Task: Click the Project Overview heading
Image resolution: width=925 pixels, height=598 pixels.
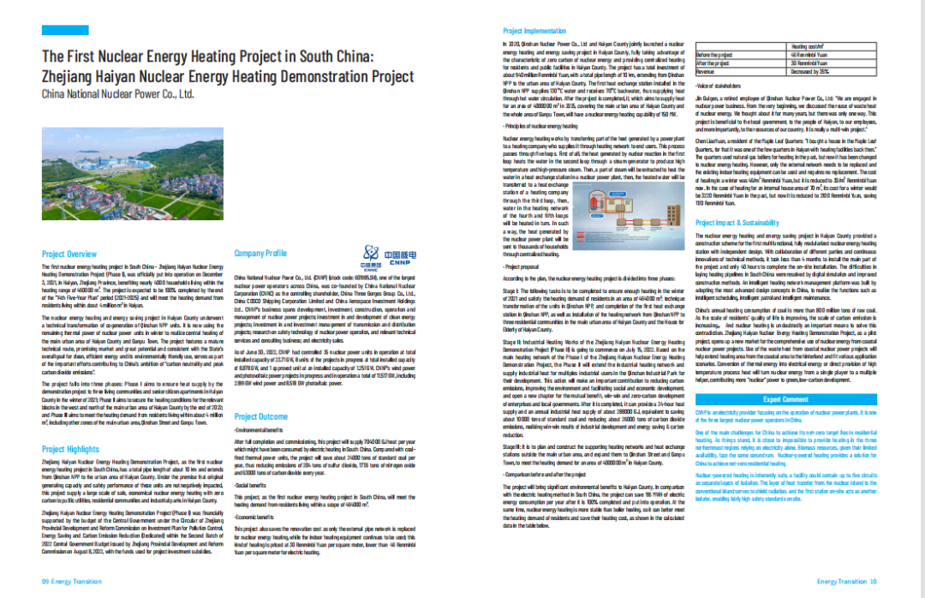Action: pyautogui.click(x=69, y=254)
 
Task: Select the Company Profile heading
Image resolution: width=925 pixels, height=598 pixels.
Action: pyautogui.click(x=260, y=254)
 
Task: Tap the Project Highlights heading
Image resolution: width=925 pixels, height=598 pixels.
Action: pyautogui.click(x=70, y=449)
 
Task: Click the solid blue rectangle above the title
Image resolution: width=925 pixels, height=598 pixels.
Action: pyautogui.click(x=65, y=31)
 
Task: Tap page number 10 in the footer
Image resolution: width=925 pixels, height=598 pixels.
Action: pyautogui.click(x=874, y=582)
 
